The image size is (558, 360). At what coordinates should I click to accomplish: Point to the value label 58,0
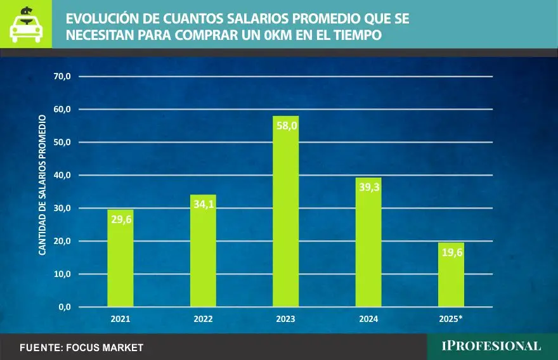[285, 125]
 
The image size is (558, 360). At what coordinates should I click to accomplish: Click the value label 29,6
[120, 219]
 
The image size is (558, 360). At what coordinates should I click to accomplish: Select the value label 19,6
[451, 252]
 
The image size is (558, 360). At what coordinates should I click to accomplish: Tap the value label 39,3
[368, 187]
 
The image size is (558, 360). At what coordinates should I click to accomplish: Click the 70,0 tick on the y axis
[63, 77]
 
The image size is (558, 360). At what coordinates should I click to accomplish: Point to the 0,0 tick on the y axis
[65, 307]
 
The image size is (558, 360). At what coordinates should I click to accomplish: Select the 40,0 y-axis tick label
[63, 176]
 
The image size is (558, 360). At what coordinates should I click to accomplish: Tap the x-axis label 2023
[285, 319]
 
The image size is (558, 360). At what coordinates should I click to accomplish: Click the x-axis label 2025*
[451, 319]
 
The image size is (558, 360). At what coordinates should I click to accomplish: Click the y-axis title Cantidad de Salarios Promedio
[42, 185]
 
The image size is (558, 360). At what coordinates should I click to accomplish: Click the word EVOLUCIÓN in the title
[104, 20]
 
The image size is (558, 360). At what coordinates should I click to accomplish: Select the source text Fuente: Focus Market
[82, 347]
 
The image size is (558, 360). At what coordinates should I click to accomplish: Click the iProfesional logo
[491, 346]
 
